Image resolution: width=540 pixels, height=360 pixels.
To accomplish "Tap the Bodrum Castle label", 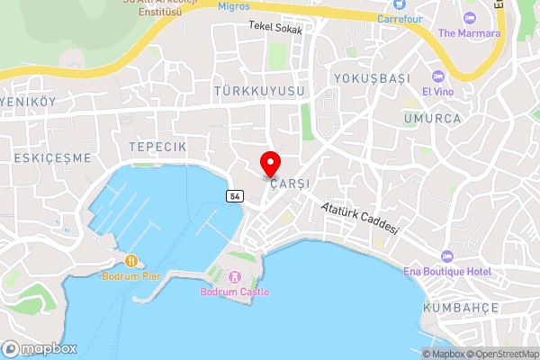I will [236, 292].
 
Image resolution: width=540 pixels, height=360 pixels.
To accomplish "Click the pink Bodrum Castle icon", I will [236, 276].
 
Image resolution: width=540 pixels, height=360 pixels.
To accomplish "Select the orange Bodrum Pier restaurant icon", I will [131, 261].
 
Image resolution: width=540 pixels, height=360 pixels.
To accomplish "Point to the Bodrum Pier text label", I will [131, 276].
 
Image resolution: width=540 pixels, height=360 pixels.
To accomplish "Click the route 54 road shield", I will [234, 196].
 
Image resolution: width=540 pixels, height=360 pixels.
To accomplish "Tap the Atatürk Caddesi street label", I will [360, 218].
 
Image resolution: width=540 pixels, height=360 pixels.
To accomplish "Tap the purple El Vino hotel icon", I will [438, 76].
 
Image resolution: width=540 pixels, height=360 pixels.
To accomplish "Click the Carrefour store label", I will [400, 17].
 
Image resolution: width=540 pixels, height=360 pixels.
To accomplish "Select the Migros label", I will [235, 6].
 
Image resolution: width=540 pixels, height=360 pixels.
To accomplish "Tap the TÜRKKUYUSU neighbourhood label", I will [260, 92].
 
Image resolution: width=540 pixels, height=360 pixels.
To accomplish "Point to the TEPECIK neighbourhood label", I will [157, 146].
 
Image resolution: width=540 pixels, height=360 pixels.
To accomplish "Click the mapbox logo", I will [40, 348].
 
